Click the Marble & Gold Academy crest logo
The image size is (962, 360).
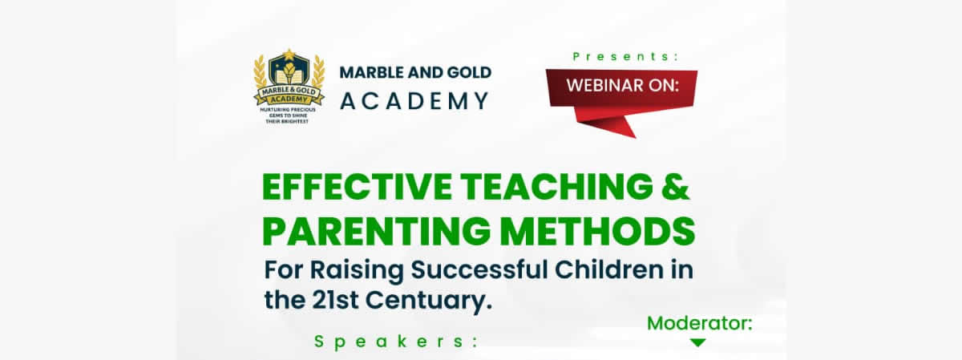coord(289,86)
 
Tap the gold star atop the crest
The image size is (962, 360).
coord(289,55)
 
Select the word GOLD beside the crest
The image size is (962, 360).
coord(470,73)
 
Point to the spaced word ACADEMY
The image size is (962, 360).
coord(415,101)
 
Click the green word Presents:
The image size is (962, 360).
coord(625,57)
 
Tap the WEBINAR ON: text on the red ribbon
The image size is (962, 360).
coord(622,85)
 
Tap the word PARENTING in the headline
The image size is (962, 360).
coord(376,231)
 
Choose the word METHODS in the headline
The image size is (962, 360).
coord(597,231)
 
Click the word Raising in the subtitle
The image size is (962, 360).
coord(357,271)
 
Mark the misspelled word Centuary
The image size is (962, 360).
coord(429,301)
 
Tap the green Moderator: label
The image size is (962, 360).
coord(700,323)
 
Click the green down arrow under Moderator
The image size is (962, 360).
coord(698,342)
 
